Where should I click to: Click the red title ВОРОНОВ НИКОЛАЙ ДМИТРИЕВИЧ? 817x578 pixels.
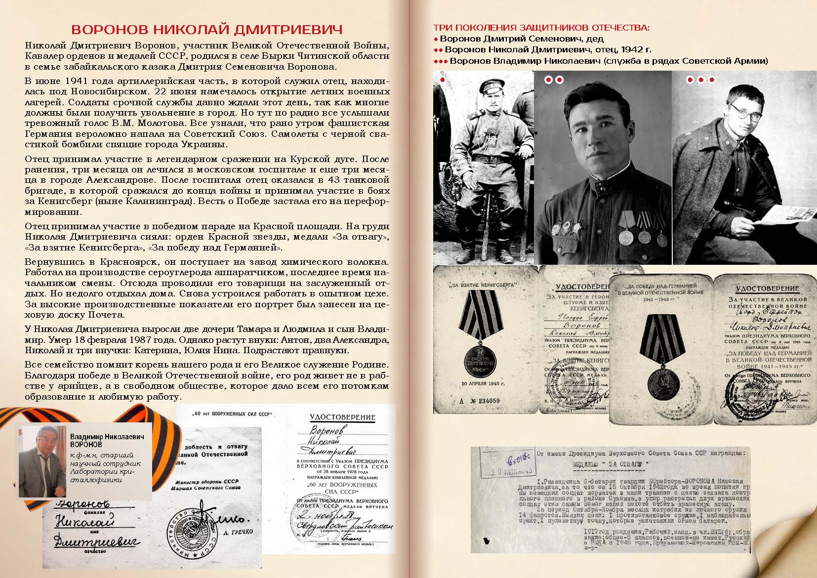206,29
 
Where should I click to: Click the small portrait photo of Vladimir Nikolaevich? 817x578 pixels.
42,461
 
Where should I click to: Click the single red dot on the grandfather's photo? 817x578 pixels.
443,80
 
